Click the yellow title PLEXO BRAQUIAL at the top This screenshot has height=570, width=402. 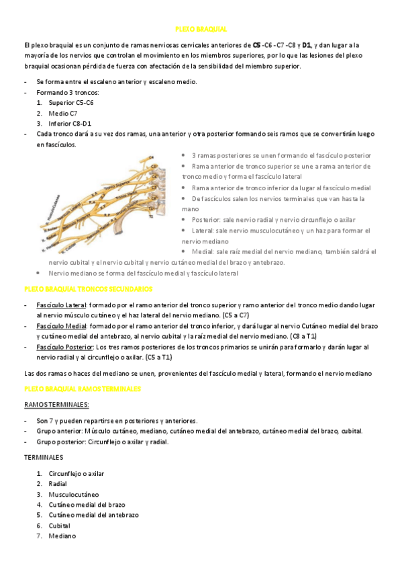pos(201,30)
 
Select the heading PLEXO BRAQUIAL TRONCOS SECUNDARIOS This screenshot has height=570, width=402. pos(87,288)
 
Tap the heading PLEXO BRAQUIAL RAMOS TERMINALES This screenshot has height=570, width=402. pos(83,389)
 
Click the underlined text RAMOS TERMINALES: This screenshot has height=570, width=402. pos(56,405)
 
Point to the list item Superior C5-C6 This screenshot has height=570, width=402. pos(71,103)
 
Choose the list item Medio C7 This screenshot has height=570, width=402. pos(63,114)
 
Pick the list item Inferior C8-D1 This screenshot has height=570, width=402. pos(70,124)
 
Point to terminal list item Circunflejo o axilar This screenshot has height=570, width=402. pos(76,473)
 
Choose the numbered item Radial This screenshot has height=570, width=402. pos(58,484)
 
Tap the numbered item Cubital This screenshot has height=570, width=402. pos(60,526)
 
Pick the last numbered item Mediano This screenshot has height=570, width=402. pos(62,536)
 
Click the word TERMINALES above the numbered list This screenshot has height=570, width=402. pos(43,457)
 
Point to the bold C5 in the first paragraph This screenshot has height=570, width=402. pos(258,45)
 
